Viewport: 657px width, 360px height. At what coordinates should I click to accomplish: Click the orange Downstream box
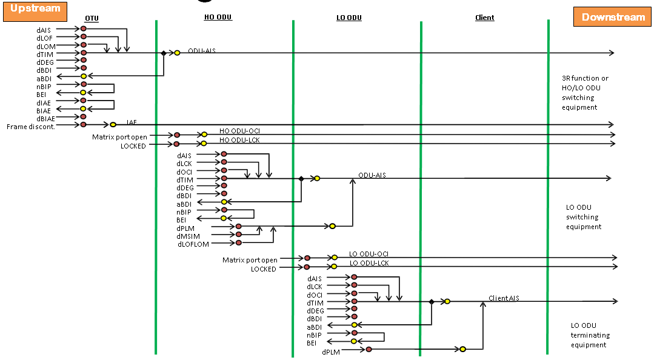tap(613, 17)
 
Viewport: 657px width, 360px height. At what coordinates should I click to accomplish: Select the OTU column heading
tap(92, 18)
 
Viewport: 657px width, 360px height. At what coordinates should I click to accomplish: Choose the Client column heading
tap(484, 18)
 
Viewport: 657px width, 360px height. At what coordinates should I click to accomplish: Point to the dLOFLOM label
tap(193, 244)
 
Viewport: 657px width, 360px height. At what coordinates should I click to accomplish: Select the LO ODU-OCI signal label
tap(369, 254)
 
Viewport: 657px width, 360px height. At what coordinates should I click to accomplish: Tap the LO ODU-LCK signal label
tap(369, 263)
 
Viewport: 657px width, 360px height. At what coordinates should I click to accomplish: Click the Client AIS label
tap(504, 298)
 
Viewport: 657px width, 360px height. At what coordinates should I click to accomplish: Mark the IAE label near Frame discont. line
tap(132, 122)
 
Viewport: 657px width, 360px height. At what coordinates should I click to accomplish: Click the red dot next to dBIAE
tap(84, 116)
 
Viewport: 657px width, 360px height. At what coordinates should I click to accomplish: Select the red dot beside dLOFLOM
tap(239, 242)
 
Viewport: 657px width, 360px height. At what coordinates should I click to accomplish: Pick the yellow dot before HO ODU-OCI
tap(204, 135)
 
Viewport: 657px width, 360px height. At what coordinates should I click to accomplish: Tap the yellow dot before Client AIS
tap(447, 301)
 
